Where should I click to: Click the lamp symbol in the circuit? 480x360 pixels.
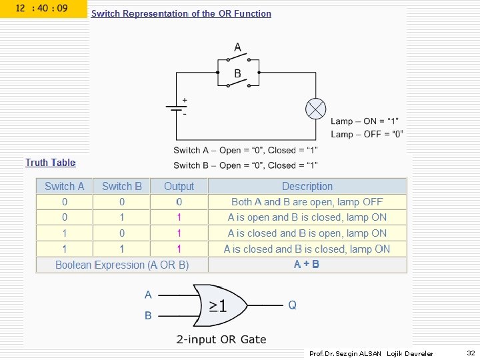(315, 108)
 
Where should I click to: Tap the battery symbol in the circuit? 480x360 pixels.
(176, 108)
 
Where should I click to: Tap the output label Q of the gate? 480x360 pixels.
(292, 305)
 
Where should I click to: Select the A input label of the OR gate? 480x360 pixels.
(148, 294)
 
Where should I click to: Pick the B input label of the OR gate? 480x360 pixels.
(148, 315)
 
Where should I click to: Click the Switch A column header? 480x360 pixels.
(65, 187)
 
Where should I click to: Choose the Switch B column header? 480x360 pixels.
(121, 187)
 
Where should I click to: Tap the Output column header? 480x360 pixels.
(179, 187)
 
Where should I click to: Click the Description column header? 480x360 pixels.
(307, 187)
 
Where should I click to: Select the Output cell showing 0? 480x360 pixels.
(179, 202)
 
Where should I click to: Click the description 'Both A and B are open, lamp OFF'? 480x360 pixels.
(307, 202)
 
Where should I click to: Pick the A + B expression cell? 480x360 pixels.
(307, 265)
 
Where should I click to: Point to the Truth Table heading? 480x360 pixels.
(51, 163)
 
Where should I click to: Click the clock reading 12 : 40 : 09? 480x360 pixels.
(41, 9)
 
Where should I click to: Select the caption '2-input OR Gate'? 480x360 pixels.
(221, 339)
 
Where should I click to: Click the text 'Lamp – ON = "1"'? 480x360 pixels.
(365, 121)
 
